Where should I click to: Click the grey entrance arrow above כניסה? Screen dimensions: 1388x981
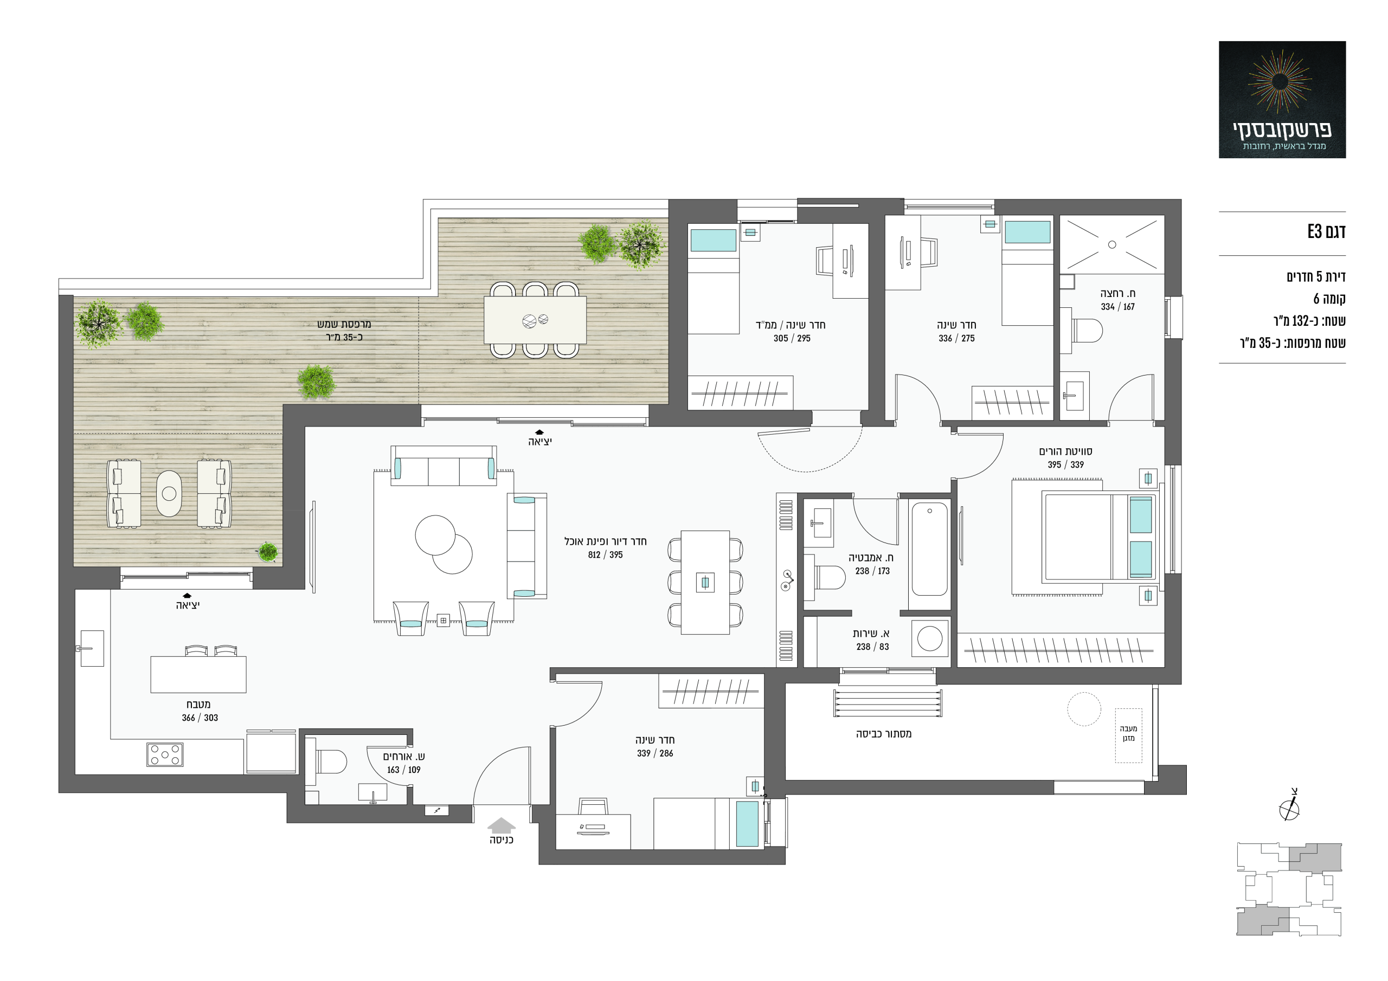pyautogui.click(x=501, y=825)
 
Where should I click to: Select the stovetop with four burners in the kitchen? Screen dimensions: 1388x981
pyautogui.click(x=164, y=754)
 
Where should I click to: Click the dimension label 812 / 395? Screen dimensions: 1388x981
pyautogui.click(x=605, y=555)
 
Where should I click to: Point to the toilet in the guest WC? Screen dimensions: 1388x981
pyautogui.click(x=330, y=761)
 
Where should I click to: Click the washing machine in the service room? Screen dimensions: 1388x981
pyautogui.click(x=930, y=638)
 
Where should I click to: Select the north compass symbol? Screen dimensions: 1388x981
pyautogui.click(x=1289, y=806)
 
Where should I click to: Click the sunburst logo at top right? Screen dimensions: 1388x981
pyautogui.click(x=1280, y=82)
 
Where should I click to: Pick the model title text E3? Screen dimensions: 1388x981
pyautogui.click(x=1315, y=231)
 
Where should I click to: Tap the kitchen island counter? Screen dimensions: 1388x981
pyautogui.click(x=198, y=674)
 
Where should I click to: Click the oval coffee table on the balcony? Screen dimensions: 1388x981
pyautogui.click(x=169, y=494)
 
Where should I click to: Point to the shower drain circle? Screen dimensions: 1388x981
pyautogui.click(x=1111, y=245)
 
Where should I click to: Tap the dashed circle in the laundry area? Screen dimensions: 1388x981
pyautogui.click(x=1084, y=709)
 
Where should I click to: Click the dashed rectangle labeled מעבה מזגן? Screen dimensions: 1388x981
pyautogui.click(x=1128, y=735)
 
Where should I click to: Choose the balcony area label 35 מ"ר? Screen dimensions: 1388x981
pyautogui.click(x=345, y=337)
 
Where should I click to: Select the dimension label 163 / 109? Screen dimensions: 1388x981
pyautogui.click(x=404, y=770)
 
